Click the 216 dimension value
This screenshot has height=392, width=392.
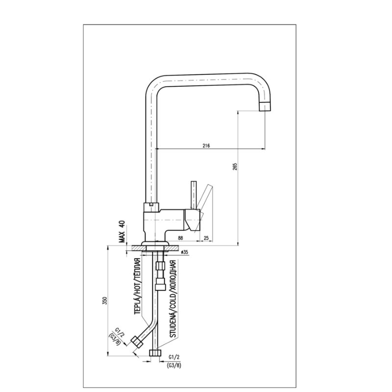(206, 146)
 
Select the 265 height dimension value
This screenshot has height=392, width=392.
(235, 167)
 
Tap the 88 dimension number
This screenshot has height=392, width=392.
(180, 238)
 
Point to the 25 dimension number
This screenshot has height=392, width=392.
(206, 238)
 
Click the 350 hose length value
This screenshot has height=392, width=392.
(104, 300)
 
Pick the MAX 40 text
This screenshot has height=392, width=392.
(122, 231)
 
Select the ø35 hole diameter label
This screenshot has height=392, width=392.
(184, 252)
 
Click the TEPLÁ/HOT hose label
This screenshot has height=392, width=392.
(137, 286)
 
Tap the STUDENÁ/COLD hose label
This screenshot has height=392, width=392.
(173, 299)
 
